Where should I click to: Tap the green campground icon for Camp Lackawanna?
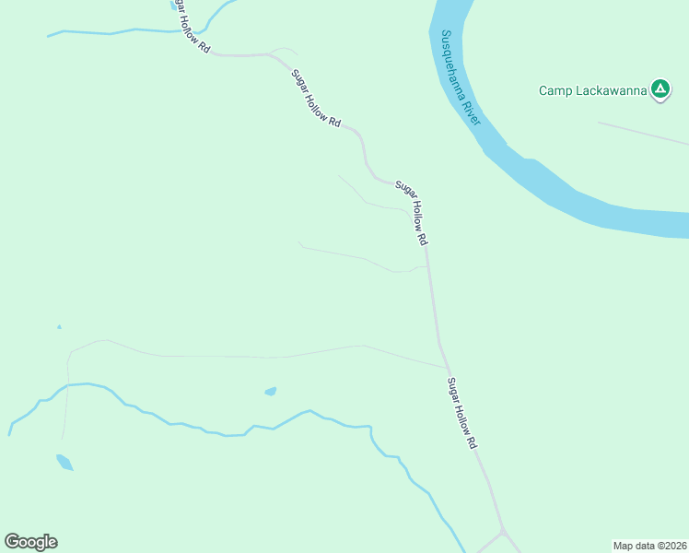660,89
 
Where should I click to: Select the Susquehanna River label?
461,79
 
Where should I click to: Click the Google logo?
30,542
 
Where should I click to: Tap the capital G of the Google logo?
12,541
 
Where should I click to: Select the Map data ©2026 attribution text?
650,546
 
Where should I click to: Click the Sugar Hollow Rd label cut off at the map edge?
191,26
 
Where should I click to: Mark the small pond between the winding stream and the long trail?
270,392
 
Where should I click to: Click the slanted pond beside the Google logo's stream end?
64,462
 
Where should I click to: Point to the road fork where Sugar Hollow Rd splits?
502,532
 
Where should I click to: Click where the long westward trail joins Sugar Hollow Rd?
447,367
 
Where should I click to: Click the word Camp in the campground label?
554,90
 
